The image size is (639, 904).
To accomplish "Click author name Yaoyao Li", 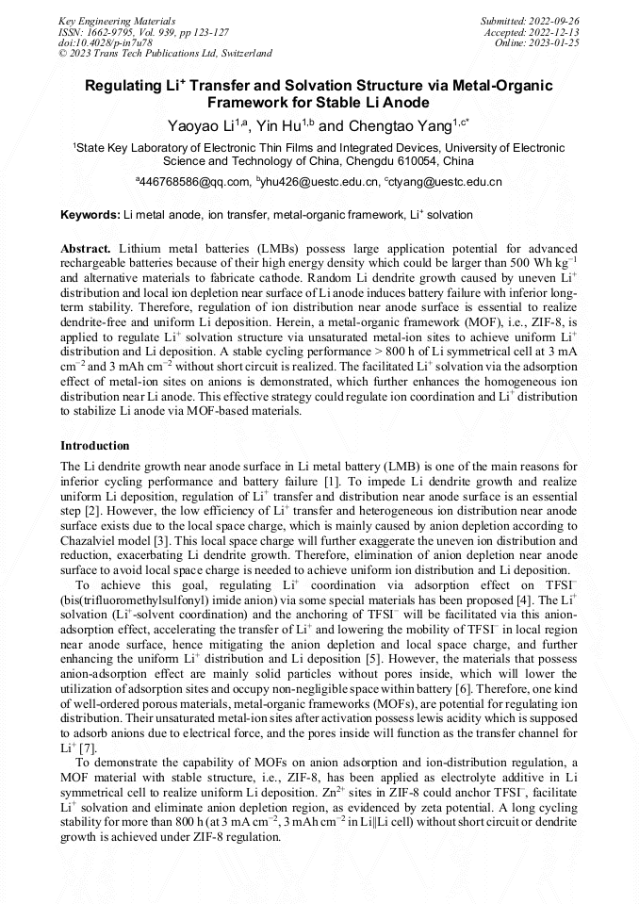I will tap(197, 125).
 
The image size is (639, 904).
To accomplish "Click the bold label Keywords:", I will tap(90, 215).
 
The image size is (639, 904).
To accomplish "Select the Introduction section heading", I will tap(95, 445).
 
